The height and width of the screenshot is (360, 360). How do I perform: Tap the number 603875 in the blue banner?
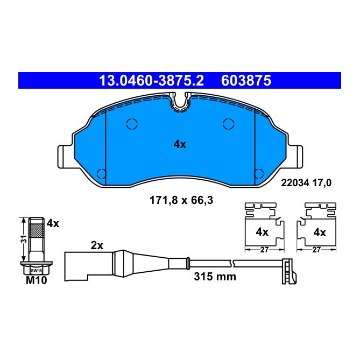pyautogui.click(x=246, y=81)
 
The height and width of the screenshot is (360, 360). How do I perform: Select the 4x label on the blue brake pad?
pyautogui.click(x=179, y=144)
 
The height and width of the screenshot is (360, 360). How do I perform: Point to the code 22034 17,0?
pyautogui.click(x=306, y=182)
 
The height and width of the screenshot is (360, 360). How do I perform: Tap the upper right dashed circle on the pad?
pyautogui.click(x=228, y=124)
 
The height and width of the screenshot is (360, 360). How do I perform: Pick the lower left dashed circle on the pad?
pyautogui.click(x=100, y=173)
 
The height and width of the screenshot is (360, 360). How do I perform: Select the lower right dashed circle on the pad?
pyautogui.click(x=259, y=173)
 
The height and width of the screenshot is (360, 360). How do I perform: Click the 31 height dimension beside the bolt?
pyautogui.click(x=22, y=240)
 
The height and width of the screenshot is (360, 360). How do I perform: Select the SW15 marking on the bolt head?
pyautogui.click(x=36, y=271)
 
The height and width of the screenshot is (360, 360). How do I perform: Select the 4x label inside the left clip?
pyautogui.click(x=262, y=232)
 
